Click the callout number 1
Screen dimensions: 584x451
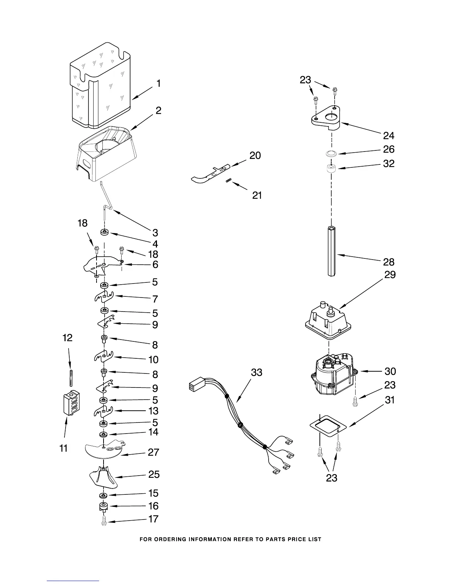click(158, 84)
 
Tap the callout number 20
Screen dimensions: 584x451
click(255, 156)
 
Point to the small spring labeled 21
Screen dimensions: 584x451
click(228, 180)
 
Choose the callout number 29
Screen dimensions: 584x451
click(390, 275)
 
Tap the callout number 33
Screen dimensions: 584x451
click(256, 372)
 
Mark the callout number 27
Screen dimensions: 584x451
click(154, 452)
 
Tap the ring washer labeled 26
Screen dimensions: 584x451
click(332, 153)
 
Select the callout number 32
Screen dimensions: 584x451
click(389, 163)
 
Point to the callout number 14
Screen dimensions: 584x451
click(153, 432)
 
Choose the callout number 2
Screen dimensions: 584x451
click(158, 111)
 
